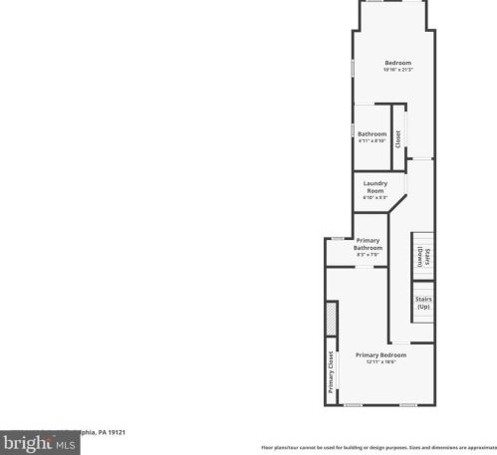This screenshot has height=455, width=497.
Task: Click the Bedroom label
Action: [397, 63]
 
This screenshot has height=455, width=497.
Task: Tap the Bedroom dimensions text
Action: [397, 70]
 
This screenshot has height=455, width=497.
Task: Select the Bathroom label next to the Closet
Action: [372, 134]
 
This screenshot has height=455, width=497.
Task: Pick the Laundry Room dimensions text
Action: [374, 197]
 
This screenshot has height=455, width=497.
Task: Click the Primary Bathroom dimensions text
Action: [369, 255]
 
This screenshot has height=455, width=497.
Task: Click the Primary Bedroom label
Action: [380, 354]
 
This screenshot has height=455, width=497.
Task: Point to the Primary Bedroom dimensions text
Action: [380, 361]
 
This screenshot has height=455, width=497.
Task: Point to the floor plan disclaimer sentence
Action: [378, 447]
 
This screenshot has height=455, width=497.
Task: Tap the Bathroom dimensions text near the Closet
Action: [372, 141]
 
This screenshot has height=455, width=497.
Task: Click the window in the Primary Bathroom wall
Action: [339, 238]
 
